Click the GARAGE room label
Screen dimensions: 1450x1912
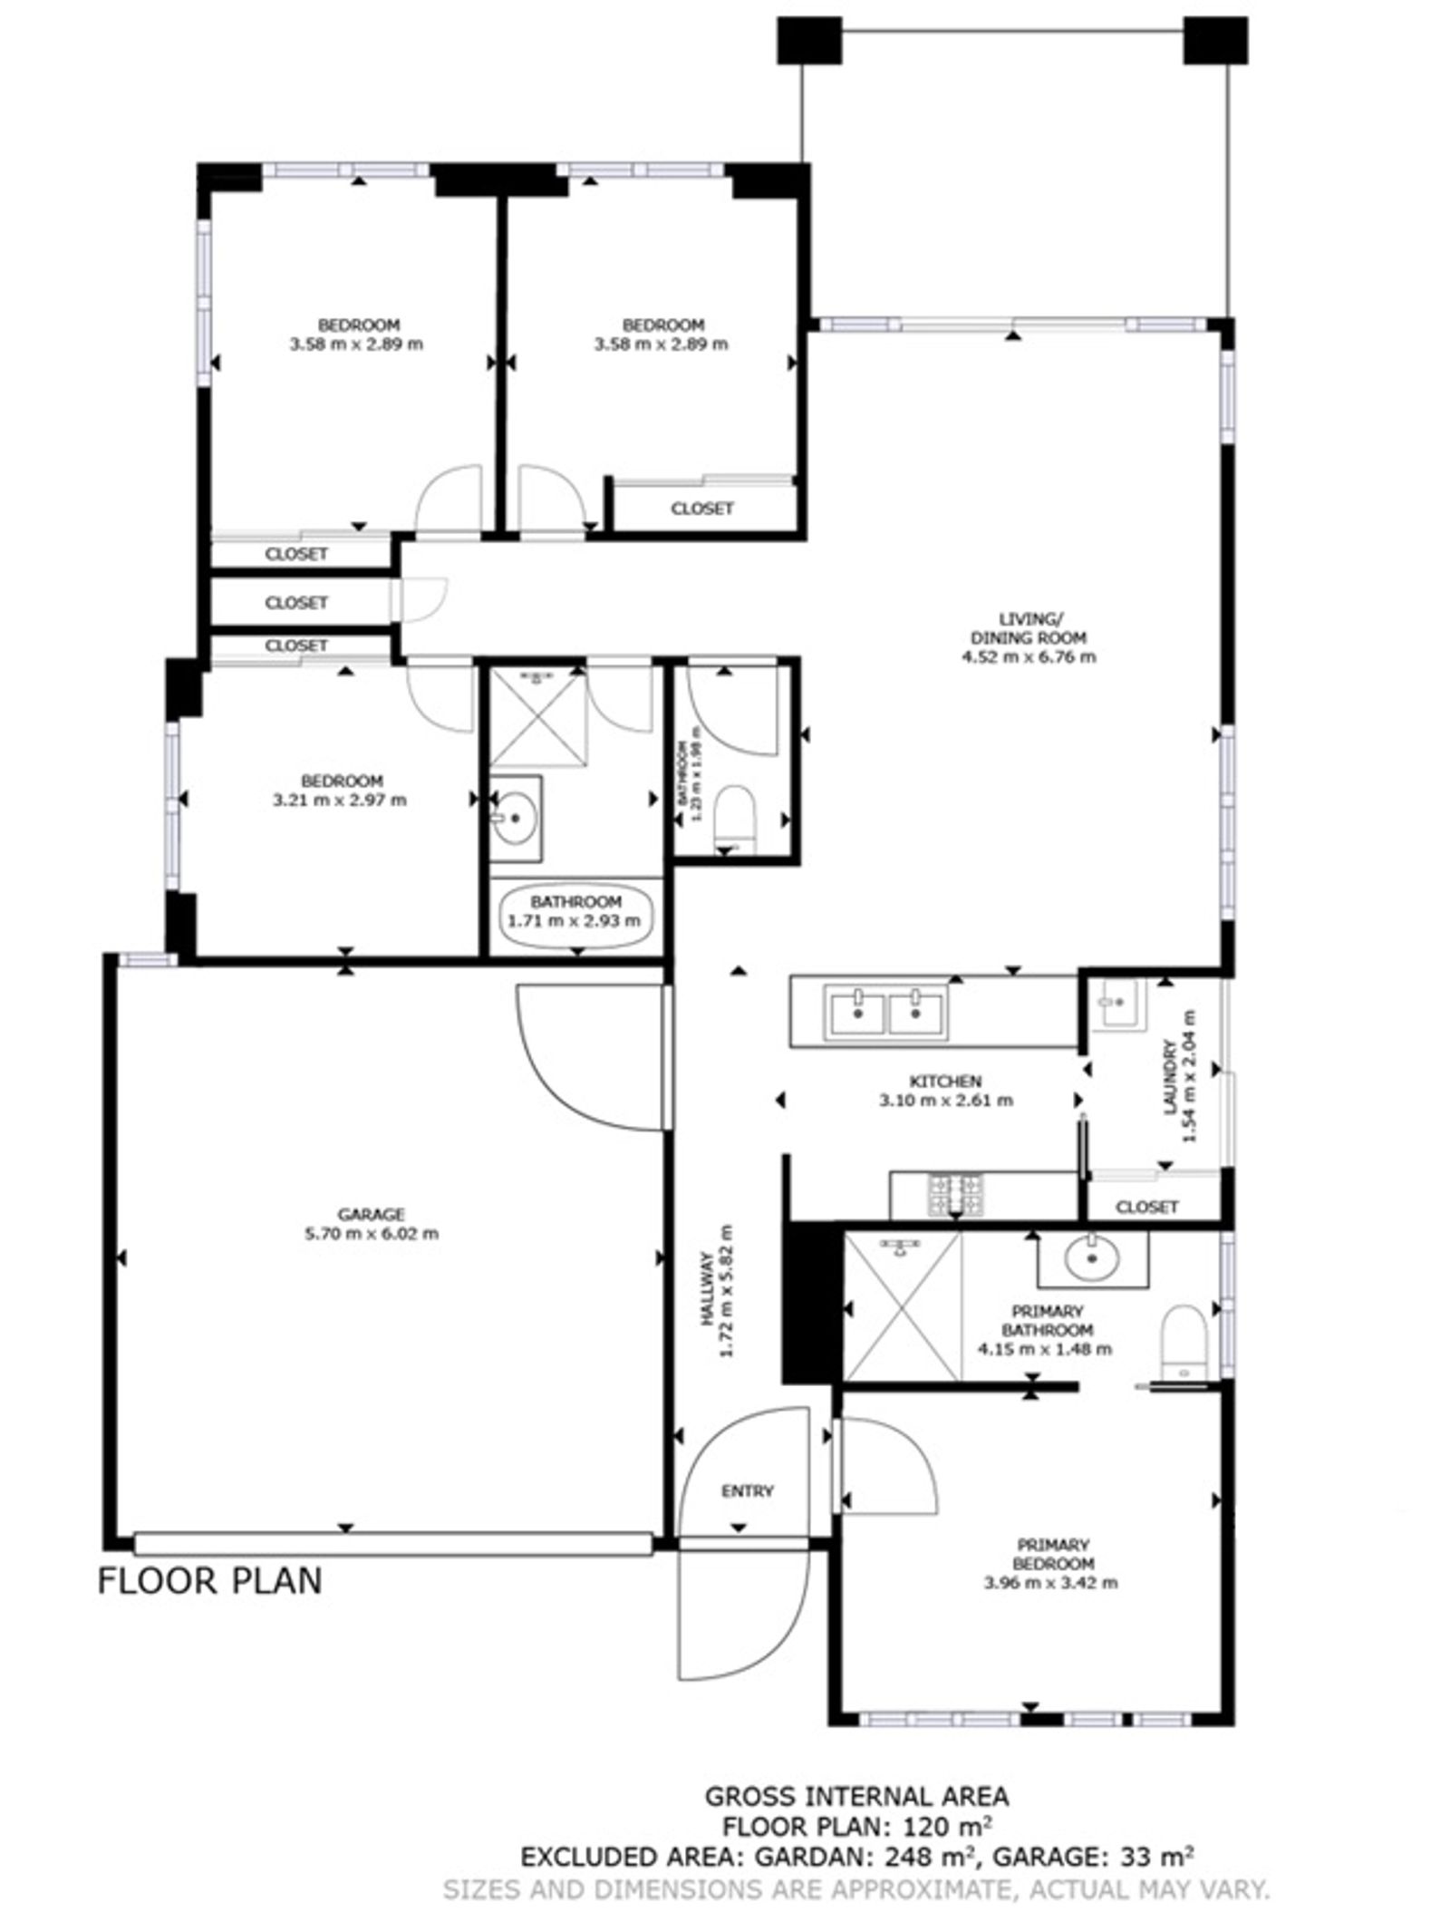(371, 1215)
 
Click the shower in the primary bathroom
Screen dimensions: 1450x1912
(901, 1305)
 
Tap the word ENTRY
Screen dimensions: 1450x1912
(748, 1491)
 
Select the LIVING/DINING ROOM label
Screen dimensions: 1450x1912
(1029, 628)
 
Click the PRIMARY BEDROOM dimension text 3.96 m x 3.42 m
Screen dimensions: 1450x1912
(1052, 1584)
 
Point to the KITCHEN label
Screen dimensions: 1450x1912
(945, 1082)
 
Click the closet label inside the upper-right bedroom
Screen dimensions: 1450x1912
(702, 509)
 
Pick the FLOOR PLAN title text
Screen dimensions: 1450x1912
(209, 1580)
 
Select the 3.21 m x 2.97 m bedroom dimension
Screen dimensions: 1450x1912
(341, 801)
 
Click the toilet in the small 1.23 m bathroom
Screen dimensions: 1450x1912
(735, 819)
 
